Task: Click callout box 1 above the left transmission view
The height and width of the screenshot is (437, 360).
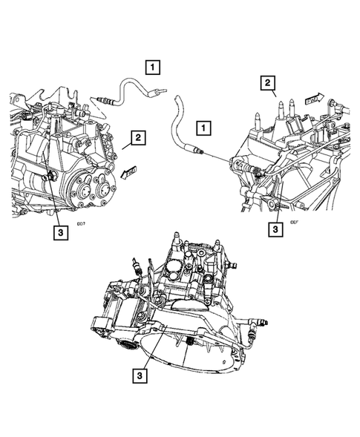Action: point(152,68)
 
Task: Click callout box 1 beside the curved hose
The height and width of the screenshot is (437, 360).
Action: point(203,127)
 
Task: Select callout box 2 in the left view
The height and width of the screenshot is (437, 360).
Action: point(135,137)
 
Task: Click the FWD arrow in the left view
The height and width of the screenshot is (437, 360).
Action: point(128,173)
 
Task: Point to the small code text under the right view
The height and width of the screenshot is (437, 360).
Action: point(295,220)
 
